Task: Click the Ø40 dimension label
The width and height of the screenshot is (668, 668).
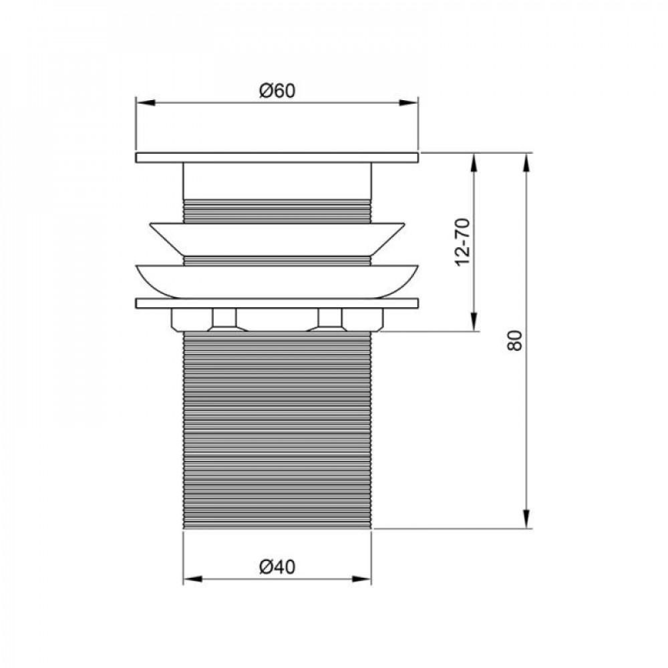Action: [277, 567]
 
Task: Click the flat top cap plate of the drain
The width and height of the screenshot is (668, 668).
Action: [277, 158]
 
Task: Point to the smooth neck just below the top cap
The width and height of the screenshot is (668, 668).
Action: [277, 180]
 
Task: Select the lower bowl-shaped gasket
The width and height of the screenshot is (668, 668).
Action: [277, 279]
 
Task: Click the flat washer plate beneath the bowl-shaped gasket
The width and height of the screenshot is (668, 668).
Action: [277, 303]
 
